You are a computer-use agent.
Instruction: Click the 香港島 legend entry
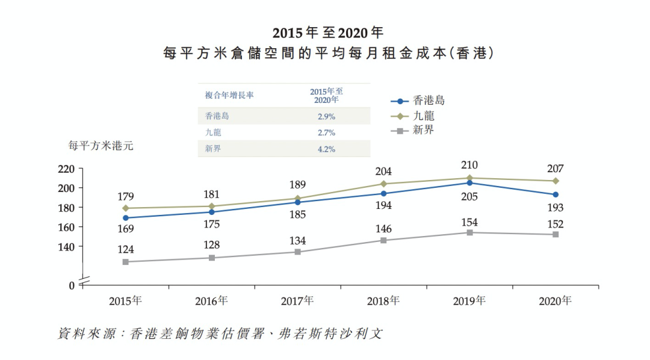pos(417,101)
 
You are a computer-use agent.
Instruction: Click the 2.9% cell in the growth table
pos(326,116)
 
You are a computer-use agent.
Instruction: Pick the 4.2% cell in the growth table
pos(326,149)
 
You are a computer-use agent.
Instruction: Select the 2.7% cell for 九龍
pos(326,132)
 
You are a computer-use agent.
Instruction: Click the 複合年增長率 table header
pos(229,95)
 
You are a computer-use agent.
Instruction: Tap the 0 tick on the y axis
pos(71,285)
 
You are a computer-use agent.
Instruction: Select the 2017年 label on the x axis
pos(297,301)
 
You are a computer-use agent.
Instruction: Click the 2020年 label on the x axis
pos(555,301)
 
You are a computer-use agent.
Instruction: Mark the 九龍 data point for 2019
pos(469,178)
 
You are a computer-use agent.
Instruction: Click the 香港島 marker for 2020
pos(556,194)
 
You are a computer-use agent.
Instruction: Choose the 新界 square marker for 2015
pos(126,262)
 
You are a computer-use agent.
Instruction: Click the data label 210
pos(469,165)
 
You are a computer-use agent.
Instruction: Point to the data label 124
pos(126,249)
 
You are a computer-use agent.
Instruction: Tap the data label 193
pos(555,208)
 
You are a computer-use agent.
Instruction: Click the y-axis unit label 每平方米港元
pos(101,146)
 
